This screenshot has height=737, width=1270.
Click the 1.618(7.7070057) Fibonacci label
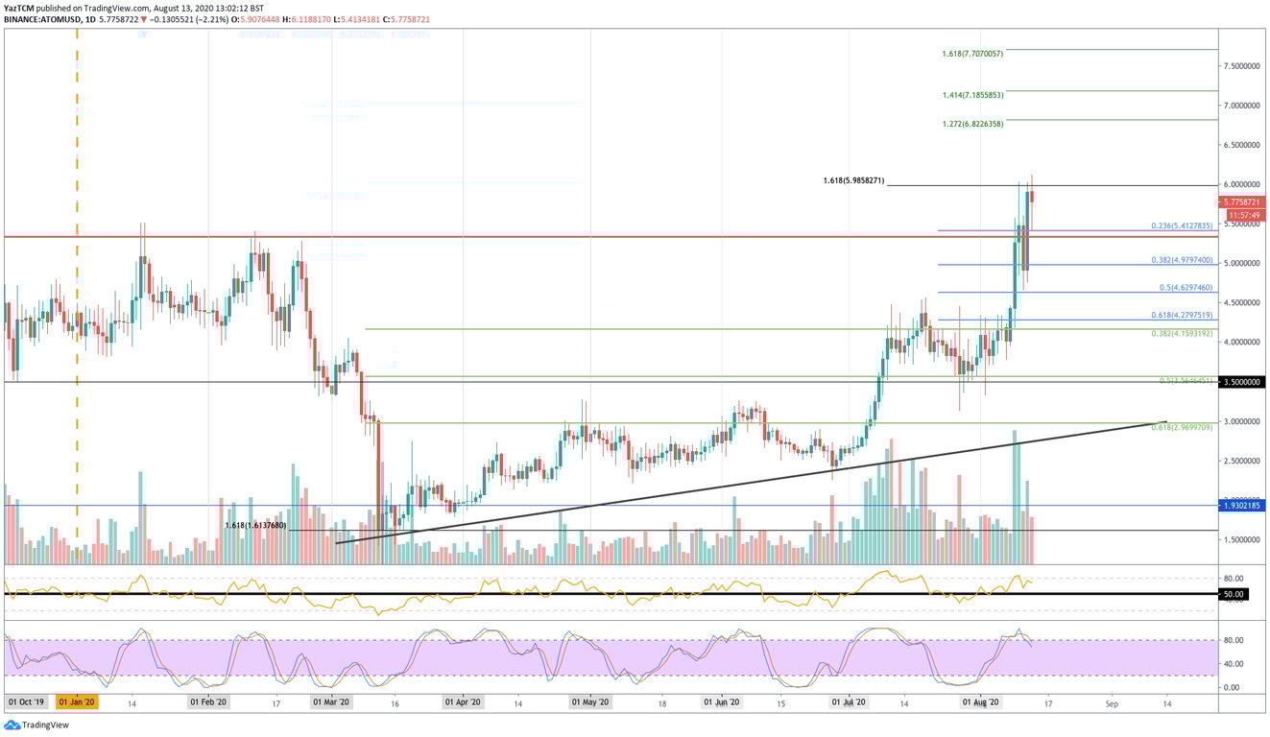coord(972,54)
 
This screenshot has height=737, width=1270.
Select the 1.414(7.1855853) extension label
coord(972,96)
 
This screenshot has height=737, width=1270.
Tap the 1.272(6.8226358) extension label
coord(972,125)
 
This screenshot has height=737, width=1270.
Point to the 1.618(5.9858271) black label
coord(853,180)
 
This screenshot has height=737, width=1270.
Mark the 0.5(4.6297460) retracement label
coord(1186,288)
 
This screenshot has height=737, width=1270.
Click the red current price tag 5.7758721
coord(1242,202)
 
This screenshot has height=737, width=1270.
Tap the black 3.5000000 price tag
coord(1242,382)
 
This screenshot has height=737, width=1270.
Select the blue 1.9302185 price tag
coord(1242,505)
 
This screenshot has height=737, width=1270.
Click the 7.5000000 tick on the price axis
coord(1240,66)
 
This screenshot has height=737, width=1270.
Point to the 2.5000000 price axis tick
coord(1240,461)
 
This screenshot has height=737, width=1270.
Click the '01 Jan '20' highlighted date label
coord(76,702)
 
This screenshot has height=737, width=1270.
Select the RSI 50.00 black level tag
coord(1233,594)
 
